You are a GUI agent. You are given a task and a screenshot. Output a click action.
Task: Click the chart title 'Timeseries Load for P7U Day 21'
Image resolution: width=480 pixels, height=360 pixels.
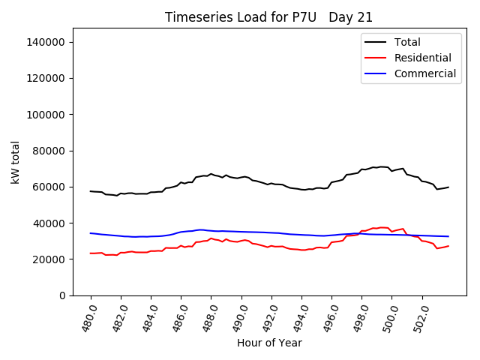pyautogui.click(x=268, y=17)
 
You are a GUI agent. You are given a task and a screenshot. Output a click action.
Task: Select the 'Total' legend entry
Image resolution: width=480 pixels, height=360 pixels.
pyautogui.click(x=407, y=42)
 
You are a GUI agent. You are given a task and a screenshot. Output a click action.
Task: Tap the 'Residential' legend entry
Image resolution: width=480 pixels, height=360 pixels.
pyautogui.click(x=422, y=58)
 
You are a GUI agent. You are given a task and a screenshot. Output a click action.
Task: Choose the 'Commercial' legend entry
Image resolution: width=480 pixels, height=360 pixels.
pyautogui.click(x=424, y=73)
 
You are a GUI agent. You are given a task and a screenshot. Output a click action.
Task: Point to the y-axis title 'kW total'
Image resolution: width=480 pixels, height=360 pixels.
pyautogui.click(x=16, y=162)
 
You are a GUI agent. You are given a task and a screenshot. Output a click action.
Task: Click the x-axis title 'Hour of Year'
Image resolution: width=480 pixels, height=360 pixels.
pyautogui.click(x=269, y=343)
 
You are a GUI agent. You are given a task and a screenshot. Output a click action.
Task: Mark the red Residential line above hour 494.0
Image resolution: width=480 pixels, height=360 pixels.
pyautogui.click(x=302, y=250)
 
